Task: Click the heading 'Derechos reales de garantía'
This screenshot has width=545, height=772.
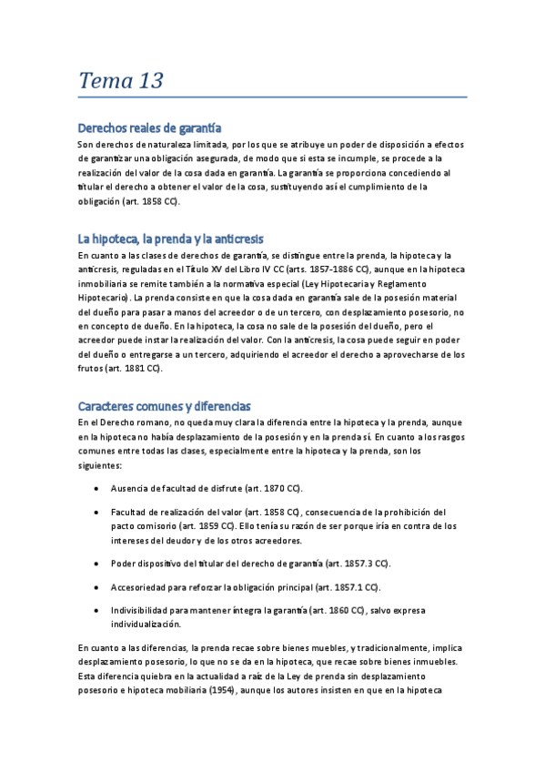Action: coord(150,127)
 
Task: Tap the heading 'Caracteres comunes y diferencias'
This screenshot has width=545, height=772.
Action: coord(165,405)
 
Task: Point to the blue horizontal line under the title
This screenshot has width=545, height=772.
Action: coord(272,96)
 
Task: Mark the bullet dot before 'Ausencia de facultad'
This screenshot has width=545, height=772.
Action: coord(96,489)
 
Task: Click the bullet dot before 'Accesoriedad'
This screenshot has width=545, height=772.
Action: coord(96,587)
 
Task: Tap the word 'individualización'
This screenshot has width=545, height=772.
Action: coord(146,625)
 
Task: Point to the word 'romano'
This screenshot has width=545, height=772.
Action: coord(146,422)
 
